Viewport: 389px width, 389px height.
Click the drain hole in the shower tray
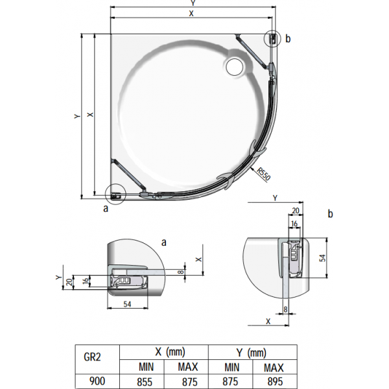(x=235, y=67)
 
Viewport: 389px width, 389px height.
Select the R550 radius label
(x=264, y=174)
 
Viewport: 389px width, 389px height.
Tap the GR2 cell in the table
(x=92, y=357)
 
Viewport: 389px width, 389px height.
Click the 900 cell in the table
(x=97, y=381)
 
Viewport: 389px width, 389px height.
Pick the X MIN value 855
(x=145, y=382)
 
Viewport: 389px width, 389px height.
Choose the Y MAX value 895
(x=275, y=382)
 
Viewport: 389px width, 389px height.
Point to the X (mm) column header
(x=170, y=352)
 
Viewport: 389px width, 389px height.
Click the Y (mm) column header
(x=252, y=353)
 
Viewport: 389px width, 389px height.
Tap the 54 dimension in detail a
(x=127, y=304)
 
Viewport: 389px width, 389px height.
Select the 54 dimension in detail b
(x=322, y=258)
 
